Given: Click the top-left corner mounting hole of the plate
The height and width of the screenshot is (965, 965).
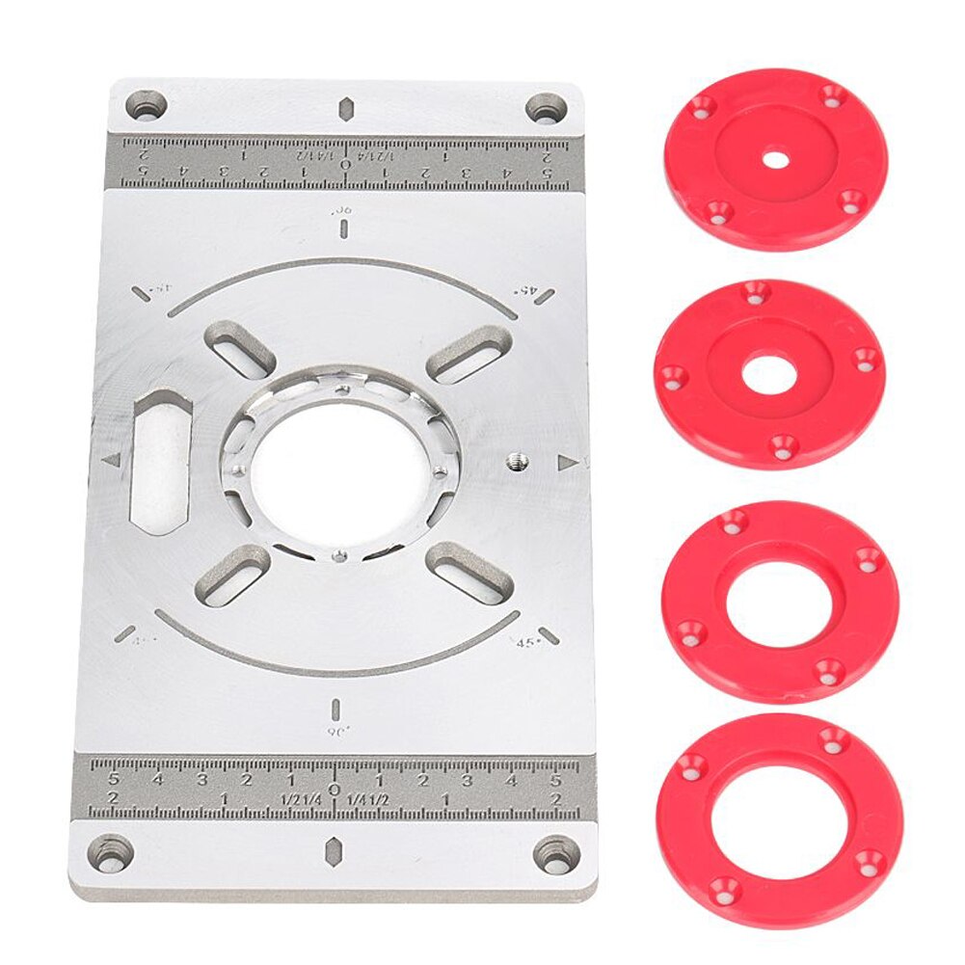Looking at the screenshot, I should pyautogui.click(x=147, y=105).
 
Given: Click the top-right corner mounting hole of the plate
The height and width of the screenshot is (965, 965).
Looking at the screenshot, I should pyautogui.click(x=546, y=107).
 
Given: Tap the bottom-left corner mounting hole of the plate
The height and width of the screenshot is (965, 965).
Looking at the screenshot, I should pyautogui.click(x=112, y=852).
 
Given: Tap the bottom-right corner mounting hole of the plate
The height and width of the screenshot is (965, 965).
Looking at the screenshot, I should pyautogui.click(x=557, y=854).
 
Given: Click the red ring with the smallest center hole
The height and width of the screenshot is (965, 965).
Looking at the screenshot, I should pyautogui.click(x=776, y=159).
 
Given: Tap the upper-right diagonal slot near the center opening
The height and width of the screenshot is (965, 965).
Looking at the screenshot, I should pyautogui.click(x=469, y=355).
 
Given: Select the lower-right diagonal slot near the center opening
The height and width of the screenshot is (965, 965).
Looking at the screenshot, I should pyautogui.click(x=469, y=571).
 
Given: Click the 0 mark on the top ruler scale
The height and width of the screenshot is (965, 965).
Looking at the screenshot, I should pyautogui.click(x=345, y=164).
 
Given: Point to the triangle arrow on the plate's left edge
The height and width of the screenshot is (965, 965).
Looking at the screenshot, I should pyautogui.click(x=111, y=461).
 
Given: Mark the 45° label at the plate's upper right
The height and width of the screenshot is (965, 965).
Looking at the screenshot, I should pyautogui.click(x=527, y=287).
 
